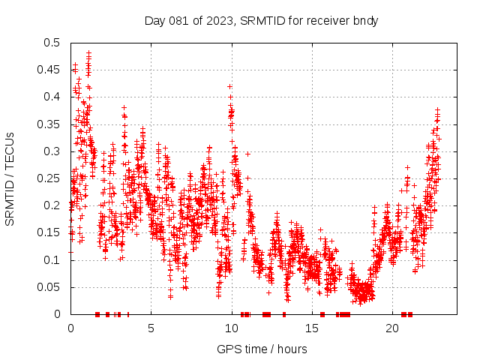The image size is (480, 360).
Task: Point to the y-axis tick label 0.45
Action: click(x=52, y=70)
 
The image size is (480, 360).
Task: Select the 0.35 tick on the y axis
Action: click(x=52, y=124)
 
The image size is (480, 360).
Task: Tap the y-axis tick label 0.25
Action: click(x=52, y=178)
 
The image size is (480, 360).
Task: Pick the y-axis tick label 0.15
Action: click(x=52, y=233)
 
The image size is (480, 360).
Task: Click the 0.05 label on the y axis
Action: click(x=52, y=287)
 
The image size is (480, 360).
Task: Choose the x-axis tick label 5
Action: click(x=151, y=328)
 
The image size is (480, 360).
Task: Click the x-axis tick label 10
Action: click(x=232, y=328)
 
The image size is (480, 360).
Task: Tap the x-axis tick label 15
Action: click(x=312, y=328)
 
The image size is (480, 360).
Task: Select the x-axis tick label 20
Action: click(x=392, y=328)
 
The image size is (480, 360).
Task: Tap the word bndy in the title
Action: click(x=365, y=20)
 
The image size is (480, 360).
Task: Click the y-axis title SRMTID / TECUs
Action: click(x=10, y=178)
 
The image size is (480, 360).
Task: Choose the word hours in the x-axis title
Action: click(x=290, y=349)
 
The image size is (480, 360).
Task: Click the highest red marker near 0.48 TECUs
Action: click(x=89, y=52)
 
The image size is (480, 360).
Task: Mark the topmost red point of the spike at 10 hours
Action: click(x=229, y=86)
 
